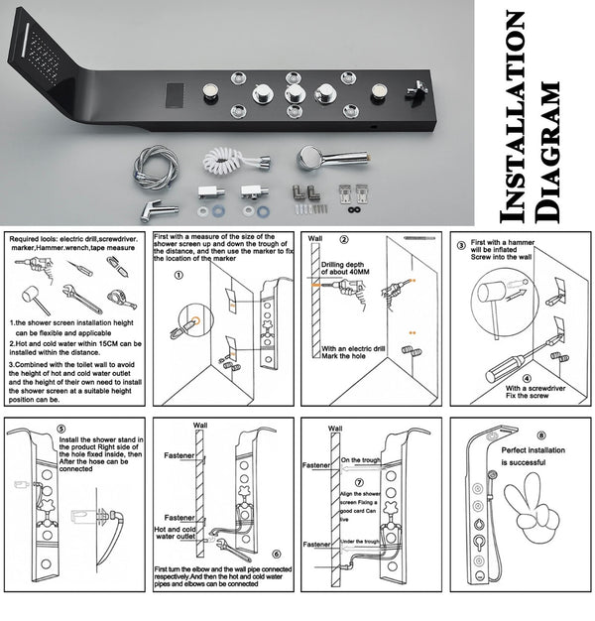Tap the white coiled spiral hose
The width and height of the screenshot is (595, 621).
[x=229, y=159]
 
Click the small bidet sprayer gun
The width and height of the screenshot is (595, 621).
[x=158, y=206]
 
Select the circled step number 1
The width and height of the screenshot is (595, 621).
[x=178, y=278]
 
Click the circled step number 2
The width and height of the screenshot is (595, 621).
[x=344, y=239]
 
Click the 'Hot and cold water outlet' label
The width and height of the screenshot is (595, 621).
[x=179, y=535]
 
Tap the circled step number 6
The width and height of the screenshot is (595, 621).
[x=276, y=555]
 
